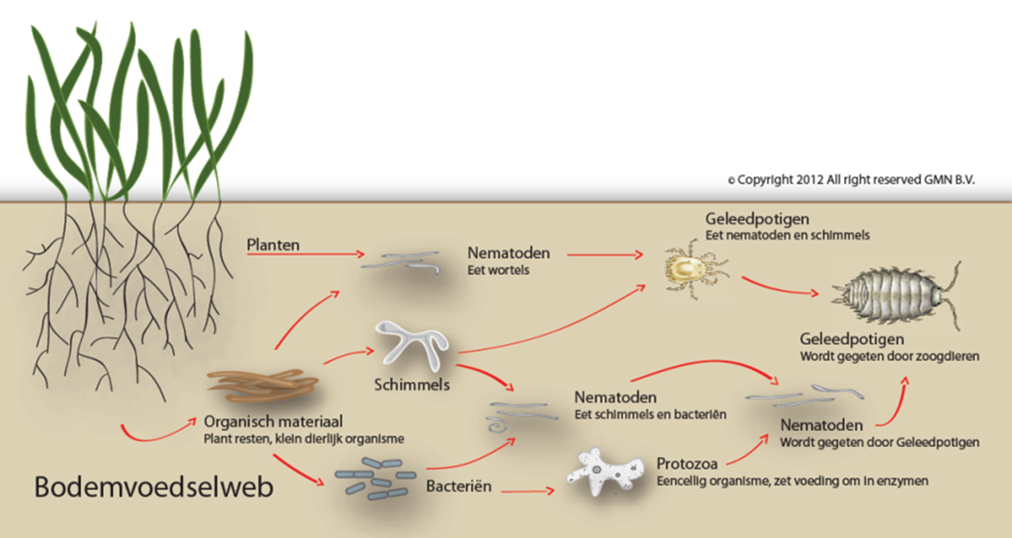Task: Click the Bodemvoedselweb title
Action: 154,487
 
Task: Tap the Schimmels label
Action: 412,385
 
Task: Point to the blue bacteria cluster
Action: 375,478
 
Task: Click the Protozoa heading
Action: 687,464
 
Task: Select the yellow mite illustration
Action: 692,269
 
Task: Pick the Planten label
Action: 273,245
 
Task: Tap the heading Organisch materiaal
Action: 273,422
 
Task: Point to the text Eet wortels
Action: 498,270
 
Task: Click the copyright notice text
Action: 851,180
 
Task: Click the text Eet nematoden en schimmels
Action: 787,235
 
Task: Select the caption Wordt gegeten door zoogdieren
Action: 889,356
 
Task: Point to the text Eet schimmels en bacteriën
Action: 650,415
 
